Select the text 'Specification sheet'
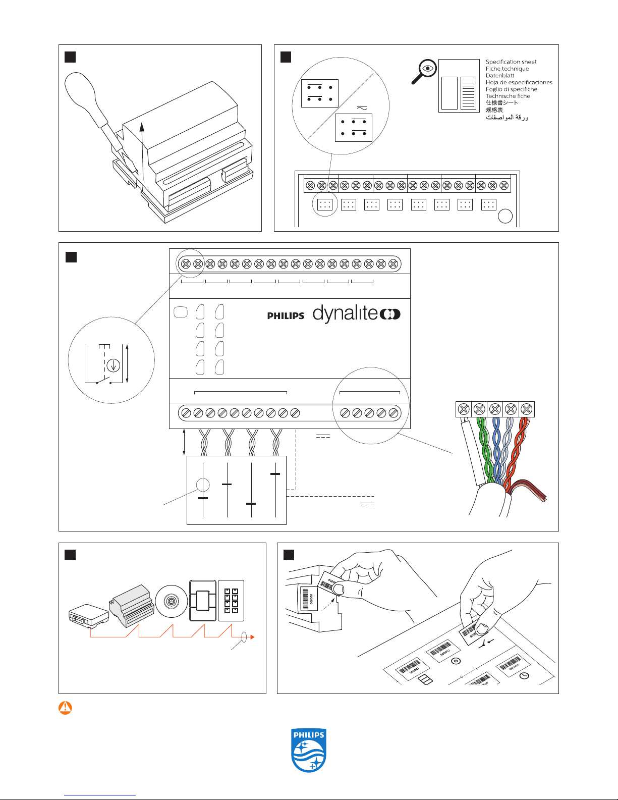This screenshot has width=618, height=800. [511, 62]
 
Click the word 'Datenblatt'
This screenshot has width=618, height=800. [500, 76]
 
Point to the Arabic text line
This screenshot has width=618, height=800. [507, 117]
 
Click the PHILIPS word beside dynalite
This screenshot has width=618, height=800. [286, 316]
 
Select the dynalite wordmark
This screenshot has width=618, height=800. [356, 313]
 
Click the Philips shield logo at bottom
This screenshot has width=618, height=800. [309, 750]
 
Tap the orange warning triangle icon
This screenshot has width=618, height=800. [65, 708]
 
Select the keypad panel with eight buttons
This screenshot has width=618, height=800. [231, 601]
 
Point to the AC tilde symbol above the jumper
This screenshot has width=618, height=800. [362, 108]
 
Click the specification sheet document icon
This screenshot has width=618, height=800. [459, 86]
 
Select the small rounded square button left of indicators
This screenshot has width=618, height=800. [180, 312]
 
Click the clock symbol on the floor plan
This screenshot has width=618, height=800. [524, 675]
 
